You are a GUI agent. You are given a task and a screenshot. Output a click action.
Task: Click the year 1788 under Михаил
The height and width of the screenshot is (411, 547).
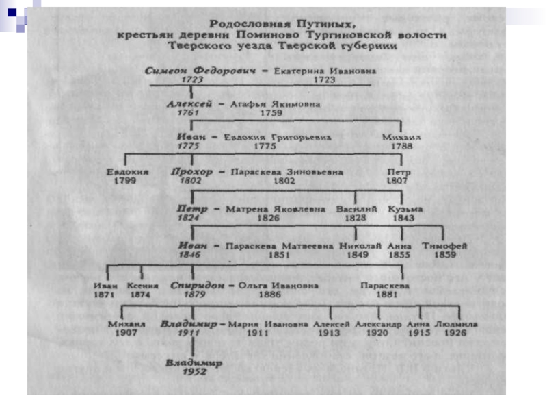tap(401, 147)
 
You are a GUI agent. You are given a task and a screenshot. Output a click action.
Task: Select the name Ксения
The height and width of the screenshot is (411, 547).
tap(143, 285)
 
